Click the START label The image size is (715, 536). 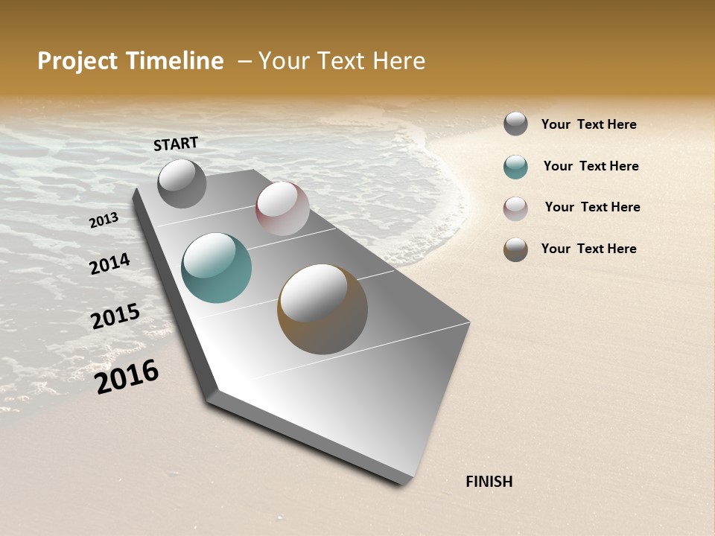(176, 144)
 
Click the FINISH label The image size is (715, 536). (489, 482)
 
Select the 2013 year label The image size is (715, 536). (104, 220)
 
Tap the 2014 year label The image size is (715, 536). (109, 264)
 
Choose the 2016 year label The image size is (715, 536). (127, 377)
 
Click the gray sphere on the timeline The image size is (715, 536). (182, 183)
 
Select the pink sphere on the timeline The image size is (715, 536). (282, 208)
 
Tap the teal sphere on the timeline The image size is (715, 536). (217, 268)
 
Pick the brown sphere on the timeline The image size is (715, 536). (322, 309)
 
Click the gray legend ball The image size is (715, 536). (515, 124)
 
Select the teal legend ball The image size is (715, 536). (515, 167)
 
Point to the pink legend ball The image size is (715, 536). (515, 208)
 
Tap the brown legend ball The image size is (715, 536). (515, 249)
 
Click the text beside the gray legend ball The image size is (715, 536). (588, 124)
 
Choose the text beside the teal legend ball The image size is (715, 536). (591, 166)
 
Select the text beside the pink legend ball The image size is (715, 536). (592, 207)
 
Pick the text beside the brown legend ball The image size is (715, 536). (588, 249)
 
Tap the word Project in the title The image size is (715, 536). (77, 61)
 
